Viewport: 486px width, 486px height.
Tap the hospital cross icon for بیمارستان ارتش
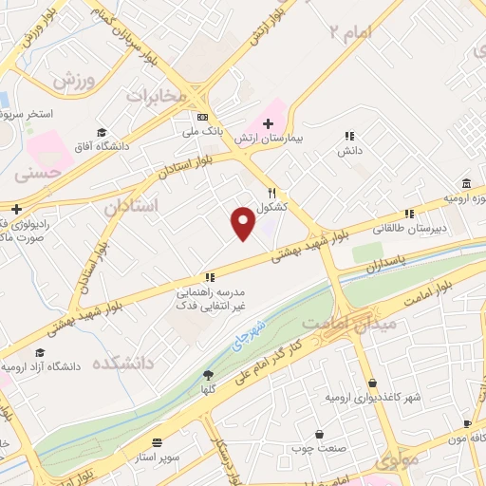pos(268,123)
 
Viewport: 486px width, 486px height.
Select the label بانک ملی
pos(204,132)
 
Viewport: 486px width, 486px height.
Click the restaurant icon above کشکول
pos(271,191)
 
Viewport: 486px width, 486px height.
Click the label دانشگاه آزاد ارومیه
pos(44,365)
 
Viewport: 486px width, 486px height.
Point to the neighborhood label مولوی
pos(396,462)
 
